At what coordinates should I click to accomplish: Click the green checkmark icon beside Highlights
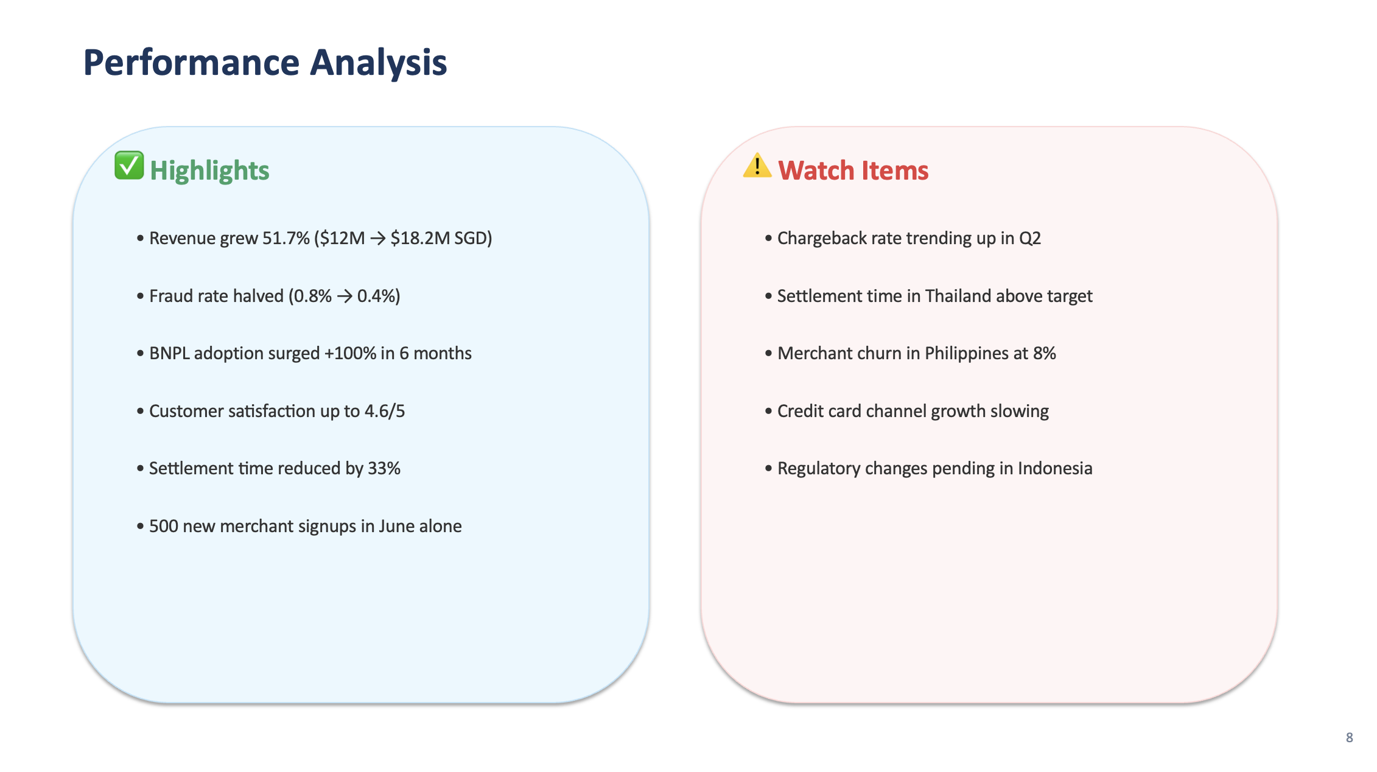click(129, 166)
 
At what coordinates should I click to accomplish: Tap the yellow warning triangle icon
click(757, 166)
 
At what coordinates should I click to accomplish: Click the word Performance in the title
click(191, 63)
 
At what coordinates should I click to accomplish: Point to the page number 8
click(1349, 737)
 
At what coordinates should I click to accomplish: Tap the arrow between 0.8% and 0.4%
click(345, 297)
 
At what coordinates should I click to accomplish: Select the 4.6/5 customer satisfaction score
click(384, 412)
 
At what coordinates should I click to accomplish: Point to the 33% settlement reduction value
click(384, 469)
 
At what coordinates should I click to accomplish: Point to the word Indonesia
click(1055, 469)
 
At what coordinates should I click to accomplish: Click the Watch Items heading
click(853, 170)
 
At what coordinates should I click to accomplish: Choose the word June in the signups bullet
click(396, 527)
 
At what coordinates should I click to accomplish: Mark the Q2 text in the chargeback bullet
click(1030, 238)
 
